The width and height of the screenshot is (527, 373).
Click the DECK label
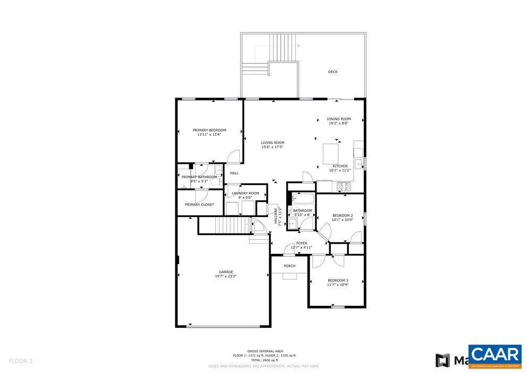[332, 72]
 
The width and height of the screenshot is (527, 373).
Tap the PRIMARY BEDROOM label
[209, 130]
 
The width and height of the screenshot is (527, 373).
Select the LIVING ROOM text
[272, 143]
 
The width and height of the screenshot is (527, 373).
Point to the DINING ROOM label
[339, 119]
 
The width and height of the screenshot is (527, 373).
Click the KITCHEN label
[340, 166]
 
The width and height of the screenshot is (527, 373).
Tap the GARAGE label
[226, 272]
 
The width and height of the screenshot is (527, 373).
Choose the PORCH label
[289, 266]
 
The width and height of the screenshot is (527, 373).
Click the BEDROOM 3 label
[338, 280]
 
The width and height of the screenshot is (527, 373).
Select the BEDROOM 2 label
[342, 215]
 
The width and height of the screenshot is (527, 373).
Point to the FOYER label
[302, 243]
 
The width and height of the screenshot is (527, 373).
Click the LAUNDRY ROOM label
[245, 193]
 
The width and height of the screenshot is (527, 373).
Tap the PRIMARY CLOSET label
[199, 205]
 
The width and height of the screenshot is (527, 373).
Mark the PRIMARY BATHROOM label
[199, 177]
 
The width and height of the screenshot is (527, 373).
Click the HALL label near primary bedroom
[234, 173]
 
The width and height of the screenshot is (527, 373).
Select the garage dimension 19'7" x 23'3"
[226, 277]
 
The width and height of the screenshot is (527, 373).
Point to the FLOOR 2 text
[21, 361]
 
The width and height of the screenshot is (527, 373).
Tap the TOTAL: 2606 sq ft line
[264, 360]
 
